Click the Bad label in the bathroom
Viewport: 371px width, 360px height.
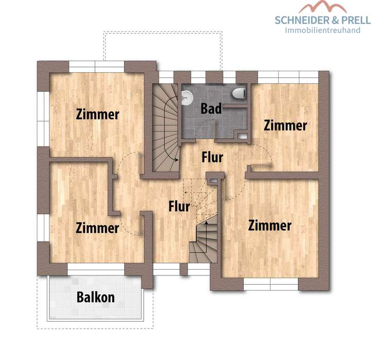pos(211,109)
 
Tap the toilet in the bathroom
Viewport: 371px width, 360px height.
pos(239,93)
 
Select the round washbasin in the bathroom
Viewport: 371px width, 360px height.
pos(187,95)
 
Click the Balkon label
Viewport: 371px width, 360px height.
pos(96,297)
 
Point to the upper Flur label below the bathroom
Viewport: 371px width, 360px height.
pos(212,156)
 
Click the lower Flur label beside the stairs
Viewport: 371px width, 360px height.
pos(179,206)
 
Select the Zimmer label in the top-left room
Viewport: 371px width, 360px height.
pos(97,114)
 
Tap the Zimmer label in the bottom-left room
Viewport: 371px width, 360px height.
pos(97,227)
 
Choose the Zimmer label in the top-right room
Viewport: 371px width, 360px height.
pos(285,125)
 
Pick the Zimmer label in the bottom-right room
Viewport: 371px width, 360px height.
pos(269,225)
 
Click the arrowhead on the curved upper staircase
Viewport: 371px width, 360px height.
pos(178,160)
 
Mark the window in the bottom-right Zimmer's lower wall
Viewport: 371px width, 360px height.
pos(271,284)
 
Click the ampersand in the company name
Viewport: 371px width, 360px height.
pos(335,20)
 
